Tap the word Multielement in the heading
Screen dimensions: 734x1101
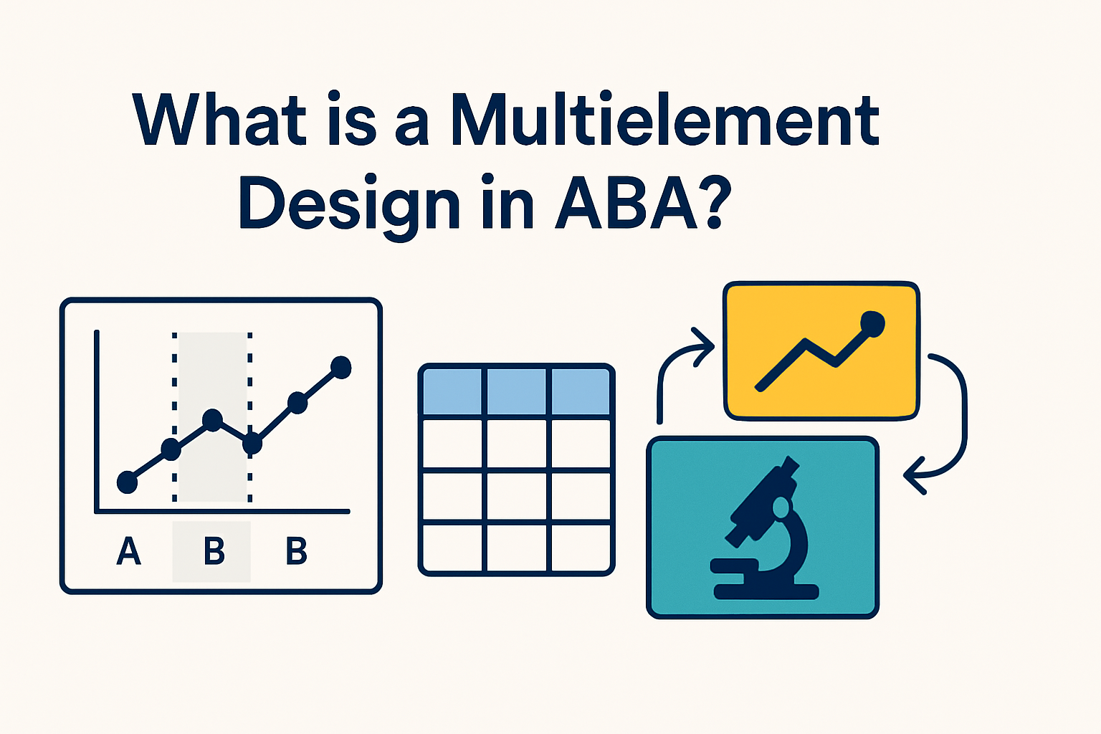point(664,120)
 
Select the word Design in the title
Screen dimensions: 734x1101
point(348,204)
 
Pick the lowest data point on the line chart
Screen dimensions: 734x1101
point(127,482)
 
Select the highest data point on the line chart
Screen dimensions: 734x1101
point(341,367)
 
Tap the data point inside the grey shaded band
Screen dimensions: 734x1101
point(212,420)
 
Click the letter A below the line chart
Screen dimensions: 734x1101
point(128,551)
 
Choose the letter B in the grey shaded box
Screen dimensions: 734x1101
point(214,551)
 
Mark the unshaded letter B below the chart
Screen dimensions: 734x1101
point(296,551)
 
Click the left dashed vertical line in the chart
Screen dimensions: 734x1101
point(174,416)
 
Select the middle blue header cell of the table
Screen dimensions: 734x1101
point(517,391)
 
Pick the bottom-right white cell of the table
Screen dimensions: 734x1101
point(581,548)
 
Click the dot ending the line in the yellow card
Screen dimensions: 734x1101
point(872,323)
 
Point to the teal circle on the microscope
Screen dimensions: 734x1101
point(781,508)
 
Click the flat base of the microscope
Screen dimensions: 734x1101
point(766,592)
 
